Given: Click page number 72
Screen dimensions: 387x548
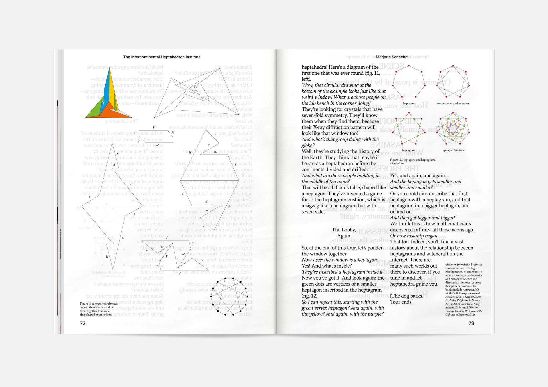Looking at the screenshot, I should click(82, 323).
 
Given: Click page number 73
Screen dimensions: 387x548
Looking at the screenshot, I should click(471, 323).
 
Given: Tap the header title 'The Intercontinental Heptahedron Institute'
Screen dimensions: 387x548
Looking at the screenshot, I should click(162, 57).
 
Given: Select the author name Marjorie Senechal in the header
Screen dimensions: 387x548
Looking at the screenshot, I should click(392, 57).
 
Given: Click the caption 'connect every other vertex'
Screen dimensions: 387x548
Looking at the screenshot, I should click(453, 103).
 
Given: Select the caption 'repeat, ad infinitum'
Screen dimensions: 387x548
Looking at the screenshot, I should click(453, 150).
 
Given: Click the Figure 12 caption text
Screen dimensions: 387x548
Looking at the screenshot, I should click(413, 161).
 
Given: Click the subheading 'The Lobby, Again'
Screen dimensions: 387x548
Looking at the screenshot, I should click(344, 233).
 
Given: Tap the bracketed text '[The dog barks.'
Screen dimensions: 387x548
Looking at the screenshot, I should click(406, 296).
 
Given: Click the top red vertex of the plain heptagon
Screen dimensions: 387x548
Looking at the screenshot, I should click(409, 66).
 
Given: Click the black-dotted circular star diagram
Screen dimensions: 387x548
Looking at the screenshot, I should click(229, 296).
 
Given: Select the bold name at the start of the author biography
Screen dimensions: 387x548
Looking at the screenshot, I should click(456, 264).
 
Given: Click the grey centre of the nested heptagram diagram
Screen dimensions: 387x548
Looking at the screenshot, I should click(453, 129).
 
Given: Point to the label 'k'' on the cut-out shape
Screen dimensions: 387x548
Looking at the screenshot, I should click(215, 134).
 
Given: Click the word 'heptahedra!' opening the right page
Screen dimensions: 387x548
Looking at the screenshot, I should click(314, 67).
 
